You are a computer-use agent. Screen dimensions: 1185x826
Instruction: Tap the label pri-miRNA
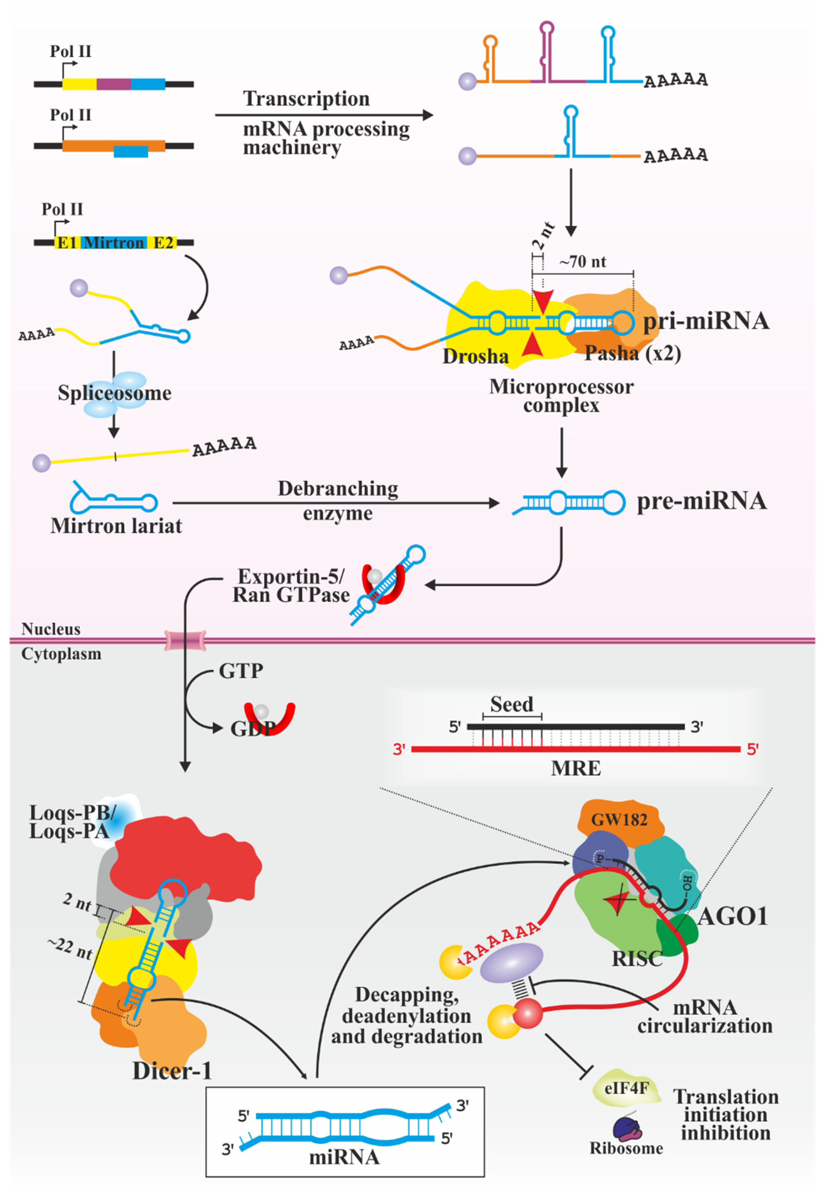(705, 321)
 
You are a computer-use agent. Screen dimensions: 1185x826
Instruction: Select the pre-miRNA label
(701, 501)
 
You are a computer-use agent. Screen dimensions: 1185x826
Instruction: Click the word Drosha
(475, 356)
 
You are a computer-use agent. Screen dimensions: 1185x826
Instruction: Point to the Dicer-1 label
(172, 1071)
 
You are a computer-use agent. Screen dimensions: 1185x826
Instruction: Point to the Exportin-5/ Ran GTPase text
(291, 585)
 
